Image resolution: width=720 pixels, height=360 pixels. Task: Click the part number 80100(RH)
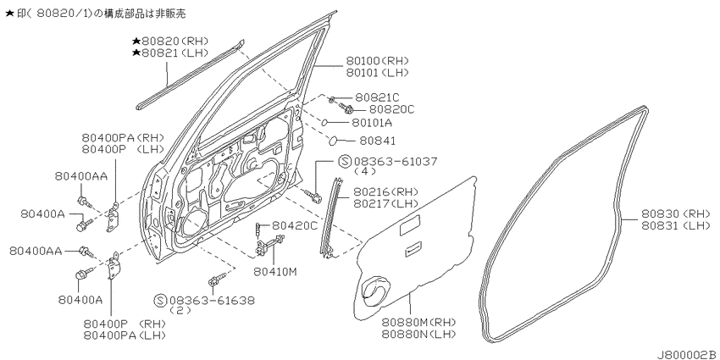coord(377,61)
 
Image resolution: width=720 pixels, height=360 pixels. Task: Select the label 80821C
coord(377,97)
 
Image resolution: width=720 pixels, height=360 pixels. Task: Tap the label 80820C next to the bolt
coord(391,109)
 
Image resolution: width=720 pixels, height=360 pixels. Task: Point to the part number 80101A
coord(372,123)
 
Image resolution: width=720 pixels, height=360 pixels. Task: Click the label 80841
coord(377,141)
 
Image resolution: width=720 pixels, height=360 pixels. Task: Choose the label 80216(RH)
coord(385,191)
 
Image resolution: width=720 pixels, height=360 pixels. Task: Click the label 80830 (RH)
coord(675,213)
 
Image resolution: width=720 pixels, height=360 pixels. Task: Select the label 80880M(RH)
coord(418,322)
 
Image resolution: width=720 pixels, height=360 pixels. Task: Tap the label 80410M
coord(275,271)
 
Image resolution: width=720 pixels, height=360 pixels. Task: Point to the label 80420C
coord(294,225)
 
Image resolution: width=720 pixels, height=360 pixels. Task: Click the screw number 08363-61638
coord(212,301)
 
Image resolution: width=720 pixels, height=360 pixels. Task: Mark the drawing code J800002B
coord(686,354)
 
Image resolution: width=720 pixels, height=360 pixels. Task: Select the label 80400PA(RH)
coord(123,137)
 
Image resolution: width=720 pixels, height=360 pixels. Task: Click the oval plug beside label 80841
coord(335,140)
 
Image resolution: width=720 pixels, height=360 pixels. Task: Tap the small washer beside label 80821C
coord(332,99)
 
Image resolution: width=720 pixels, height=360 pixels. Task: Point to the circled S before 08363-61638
coord(160,301)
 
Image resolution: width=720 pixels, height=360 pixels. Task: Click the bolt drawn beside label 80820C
coord(346,108)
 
